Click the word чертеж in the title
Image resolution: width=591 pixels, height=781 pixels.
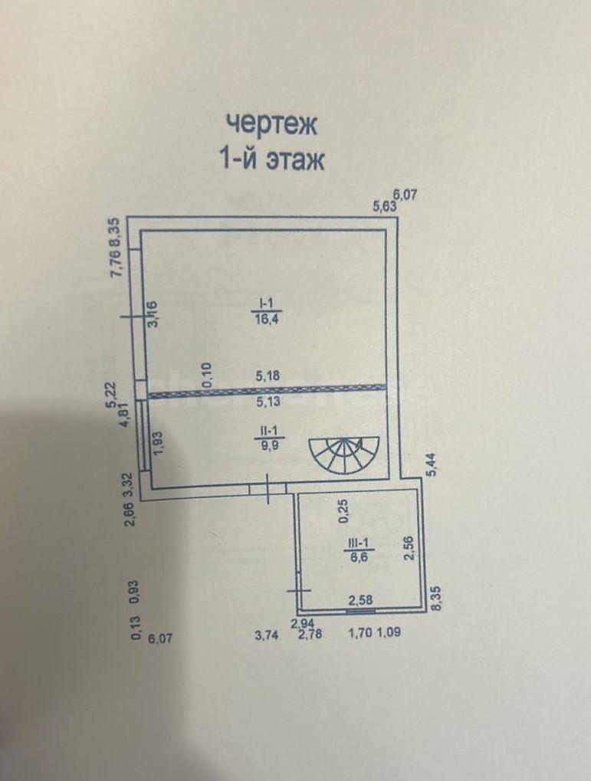tap(271, 124)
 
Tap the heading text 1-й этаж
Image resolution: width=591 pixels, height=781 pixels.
tap(272, 160)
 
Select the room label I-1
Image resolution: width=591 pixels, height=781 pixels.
tap(265, 302)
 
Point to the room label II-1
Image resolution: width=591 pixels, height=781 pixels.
tap(265, 428)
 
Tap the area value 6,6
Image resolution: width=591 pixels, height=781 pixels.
tap(358, 558)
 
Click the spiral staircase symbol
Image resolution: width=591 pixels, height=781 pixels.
tap(344, 454)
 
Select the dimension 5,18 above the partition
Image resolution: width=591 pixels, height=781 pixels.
tap(268, 376)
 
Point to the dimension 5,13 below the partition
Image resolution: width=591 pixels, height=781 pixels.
tap(268, 402)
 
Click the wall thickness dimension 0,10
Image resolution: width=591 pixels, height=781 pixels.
tap(207, 375)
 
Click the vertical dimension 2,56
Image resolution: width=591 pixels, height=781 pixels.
tap(409, 548)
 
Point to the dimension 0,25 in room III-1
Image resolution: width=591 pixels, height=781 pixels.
tap(344, 512)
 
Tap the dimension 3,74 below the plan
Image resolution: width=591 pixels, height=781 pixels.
tap(265, 635)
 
